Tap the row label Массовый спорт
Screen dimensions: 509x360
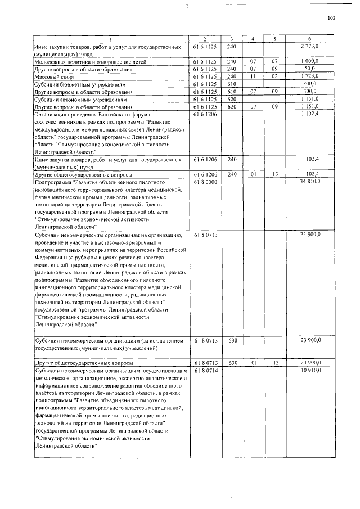51,76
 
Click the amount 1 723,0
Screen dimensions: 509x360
309,75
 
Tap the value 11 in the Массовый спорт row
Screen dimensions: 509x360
253,75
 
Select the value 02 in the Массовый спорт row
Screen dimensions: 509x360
275,75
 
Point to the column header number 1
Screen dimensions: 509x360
110,38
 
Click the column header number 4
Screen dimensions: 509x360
253,38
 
